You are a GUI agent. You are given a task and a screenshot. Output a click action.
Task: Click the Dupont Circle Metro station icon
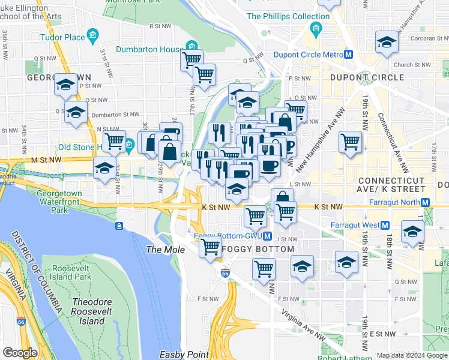click(348, 55)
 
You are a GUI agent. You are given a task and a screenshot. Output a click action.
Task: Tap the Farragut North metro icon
click(426, 202)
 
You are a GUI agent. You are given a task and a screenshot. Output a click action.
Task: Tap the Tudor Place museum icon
click(92, 37)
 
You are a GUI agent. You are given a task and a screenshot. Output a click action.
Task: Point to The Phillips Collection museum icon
click(316, 28)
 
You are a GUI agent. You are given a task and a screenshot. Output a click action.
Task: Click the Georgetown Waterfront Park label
click(59, 202)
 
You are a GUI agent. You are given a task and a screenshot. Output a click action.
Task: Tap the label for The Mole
click(161, 249)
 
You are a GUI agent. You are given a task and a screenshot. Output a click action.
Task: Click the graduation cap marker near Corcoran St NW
click(387, 42)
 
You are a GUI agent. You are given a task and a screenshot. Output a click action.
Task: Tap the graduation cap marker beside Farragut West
click(412, 232)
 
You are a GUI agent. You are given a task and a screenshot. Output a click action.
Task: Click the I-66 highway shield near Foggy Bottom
click(225, 272)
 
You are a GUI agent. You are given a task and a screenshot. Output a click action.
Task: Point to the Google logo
click(20, 353)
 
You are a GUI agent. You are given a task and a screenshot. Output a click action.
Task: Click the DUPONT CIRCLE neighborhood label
click(367, 77)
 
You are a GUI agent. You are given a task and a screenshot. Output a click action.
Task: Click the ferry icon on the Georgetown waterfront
click(119, 226)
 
